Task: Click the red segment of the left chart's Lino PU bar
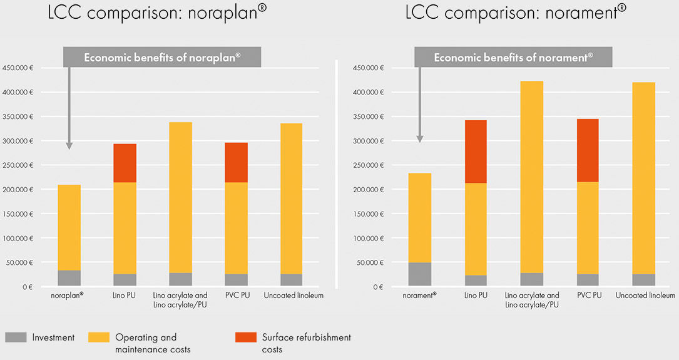coord(125,163)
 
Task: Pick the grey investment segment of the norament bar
coord(419,274)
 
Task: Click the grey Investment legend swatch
coord(16,337)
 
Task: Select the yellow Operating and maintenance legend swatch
coord(100,337)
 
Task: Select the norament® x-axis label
coord(419,296)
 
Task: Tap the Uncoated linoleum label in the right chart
coord(645,296)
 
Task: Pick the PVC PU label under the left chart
coord(237,296)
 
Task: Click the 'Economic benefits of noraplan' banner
coord(161,58)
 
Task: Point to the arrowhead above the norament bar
coord(419,138)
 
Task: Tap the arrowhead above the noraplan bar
coord(69,145)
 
